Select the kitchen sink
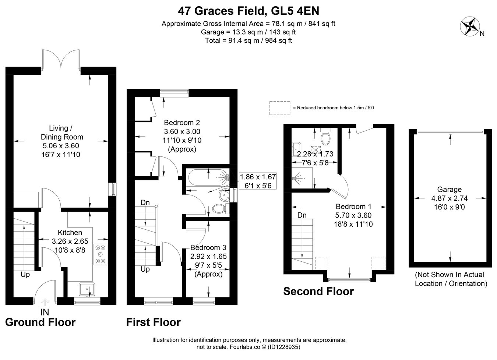click(x=87, y=289)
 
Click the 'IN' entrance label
click(x=45, y=312)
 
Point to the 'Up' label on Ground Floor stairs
click(x=25, y=275)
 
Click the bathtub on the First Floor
click(x=209, y=177)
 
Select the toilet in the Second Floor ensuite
click(x=326, y=137)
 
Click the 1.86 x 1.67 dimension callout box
click(x=258, y=181)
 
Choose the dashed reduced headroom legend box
click(x=280, y=108)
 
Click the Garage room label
click(x=449, y=189)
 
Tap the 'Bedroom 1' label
click(x=353, y=207)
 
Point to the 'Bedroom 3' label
click(x=208, y=247)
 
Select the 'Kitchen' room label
click(x=70, y=233)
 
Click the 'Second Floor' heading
click(x=318, y=291)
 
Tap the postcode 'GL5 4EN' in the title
click(x=295, y=11)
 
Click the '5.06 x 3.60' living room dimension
click(x=61, y=146)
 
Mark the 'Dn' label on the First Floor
click(x=145, y=202)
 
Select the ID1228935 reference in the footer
click(x=283, y=347)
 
